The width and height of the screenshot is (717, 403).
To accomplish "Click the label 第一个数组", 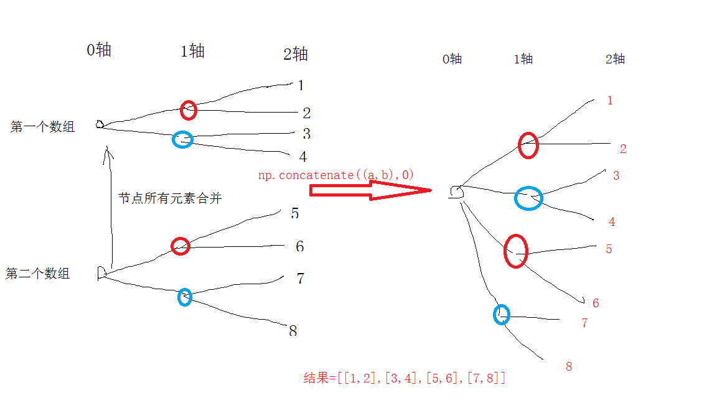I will (x=42, y=127).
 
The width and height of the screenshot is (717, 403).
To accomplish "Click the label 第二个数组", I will (x=37, y=274).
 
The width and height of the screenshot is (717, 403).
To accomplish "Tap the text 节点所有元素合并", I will (x=170, y=198).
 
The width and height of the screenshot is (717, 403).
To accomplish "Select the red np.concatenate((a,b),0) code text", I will (x=336, y=175).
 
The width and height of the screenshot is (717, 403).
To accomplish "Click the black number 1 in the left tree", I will (x=301, y=85).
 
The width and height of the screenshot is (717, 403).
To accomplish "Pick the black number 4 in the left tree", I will (x=302, y=157).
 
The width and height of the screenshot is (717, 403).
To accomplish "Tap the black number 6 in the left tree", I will (x=299, y=246).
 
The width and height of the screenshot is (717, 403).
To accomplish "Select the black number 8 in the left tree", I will (x=293, y=331).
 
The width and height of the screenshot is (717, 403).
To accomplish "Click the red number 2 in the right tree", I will (x=622, y=149).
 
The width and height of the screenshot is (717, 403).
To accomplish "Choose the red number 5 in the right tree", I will (x=609, y=249).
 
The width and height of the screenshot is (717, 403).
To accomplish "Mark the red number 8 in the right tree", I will (x=568, y=367).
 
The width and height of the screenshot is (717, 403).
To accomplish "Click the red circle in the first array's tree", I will (x=189, y=110).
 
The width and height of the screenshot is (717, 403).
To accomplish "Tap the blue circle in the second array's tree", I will (x=185, y=297).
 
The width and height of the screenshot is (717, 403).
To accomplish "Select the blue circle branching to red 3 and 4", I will (x=528, y=198).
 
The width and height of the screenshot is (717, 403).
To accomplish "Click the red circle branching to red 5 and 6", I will (x=516, y=251).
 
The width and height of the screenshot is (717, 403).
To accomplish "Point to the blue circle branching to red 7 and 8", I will (x=502, y=315).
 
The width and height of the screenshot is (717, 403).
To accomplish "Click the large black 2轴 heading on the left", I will (x=295, y=55).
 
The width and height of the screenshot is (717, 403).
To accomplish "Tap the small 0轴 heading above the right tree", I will (x=452, y=59).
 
